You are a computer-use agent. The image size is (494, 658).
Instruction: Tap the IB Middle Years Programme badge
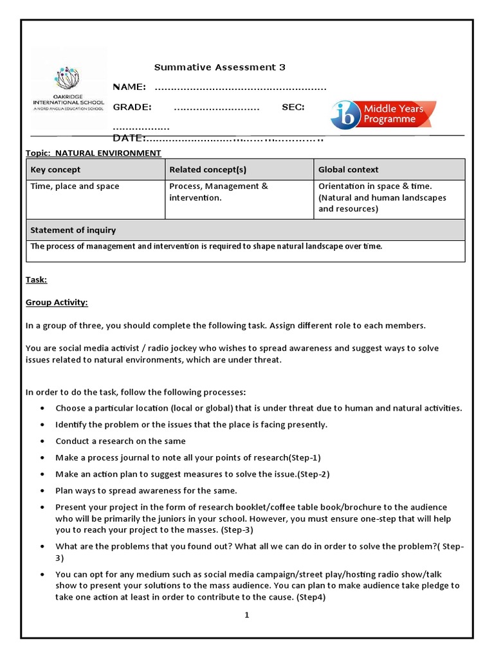click(x=383, y=114)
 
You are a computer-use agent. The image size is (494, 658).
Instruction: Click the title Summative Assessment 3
click(x=219, y=67)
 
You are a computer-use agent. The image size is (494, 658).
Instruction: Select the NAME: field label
click(x=129, y=87)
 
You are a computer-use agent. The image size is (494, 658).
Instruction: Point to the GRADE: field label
click(x=132, y=107)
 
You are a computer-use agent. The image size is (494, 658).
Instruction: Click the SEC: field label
click(x=293, y=107)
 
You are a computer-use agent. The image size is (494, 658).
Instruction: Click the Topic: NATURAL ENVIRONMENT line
click(x=93, y=153)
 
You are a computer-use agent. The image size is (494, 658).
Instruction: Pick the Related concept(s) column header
click(x=208, y=170)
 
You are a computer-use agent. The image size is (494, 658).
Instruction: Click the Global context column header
click(x=349, y=170)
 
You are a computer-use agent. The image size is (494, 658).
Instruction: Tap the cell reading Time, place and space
click(x=75, y=186)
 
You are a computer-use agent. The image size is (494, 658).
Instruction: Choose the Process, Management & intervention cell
click(x=218, y=191)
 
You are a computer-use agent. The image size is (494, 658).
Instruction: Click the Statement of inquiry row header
click(x=73, y=230)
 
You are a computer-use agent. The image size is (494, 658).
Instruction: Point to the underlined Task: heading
click(x=36, y=280)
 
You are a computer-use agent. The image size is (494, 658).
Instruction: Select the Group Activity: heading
click(x=57, y=303)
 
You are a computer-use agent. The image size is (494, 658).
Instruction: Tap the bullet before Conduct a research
click(x=42, y=441)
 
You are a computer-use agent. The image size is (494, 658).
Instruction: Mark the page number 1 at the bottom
click(x=246, y=615)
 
